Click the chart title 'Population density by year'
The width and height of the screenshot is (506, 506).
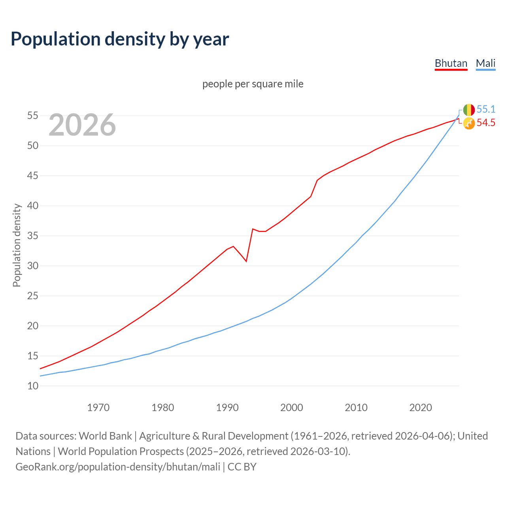click(x=120, y=39)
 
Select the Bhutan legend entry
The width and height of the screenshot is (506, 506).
click(x=451, y=63)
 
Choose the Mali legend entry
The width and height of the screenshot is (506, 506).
click(x=485, y=63)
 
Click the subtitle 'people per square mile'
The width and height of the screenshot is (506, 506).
click(x=253, y=84)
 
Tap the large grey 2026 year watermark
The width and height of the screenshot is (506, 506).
click(x=82, y=125)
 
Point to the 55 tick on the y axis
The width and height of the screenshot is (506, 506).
click(x=33, y=116)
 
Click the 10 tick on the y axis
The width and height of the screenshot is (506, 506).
click(x=33, y=386)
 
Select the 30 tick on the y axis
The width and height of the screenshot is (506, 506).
click(x=33, y=266)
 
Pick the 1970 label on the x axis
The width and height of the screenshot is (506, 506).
click(x=98, y=408)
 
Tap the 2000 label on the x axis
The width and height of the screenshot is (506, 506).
click(x=291, y=408)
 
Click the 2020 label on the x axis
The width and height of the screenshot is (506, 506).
click(x=420, y=408)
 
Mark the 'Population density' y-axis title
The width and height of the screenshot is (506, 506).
click(x=17, y=245)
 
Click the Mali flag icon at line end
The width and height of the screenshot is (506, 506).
click(x=469, y=110)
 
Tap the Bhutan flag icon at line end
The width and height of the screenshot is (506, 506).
click(x=469, y=123)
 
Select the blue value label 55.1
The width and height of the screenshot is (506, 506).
click(x=486, y=109)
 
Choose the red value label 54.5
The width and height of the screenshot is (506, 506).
click(x=486, y=123)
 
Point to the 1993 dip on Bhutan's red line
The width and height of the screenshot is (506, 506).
click(x=246, y=261)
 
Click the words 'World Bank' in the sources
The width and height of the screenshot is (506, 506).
click(x=105, y=436)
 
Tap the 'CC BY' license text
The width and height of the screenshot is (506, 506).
click(x=242, y=467)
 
